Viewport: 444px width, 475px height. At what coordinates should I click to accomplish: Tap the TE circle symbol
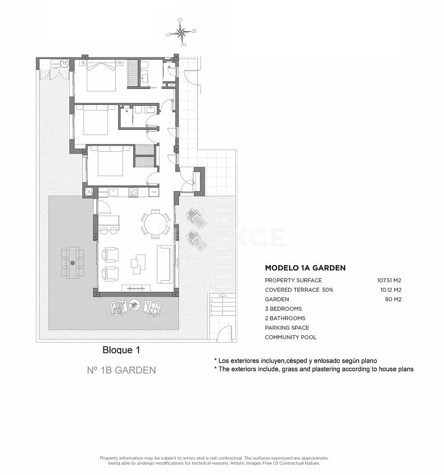point(65,63)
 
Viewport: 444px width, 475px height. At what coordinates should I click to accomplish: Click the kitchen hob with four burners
point(133,192)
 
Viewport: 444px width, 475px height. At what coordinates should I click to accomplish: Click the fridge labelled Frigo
point(154,192)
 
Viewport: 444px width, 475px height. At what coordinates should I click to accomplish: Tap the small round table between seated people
point(135,304)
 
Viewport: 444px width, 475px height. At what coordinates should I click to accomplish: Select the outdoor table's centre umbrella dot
point(73,263)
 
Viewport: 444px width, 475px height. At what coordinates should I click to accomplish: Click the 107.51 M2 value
point(389,280)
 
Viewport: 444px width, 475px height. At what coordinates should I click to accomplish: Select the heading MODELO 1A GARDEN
point(305,268)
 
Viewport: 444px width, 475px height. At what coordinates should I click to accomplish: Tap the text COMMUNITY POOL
point(291,337)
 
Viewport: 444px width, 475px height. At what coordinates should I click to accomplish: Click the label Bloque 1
point(121,350)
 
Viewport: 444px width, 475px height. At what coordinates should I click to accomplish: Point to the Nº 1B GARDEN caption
point(121,370)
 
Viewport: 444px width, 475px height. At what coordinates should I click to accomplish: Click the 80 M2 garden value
point(393,299)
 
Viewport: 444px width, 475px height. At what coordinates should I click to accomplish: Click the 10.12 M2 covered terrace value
point(390,290)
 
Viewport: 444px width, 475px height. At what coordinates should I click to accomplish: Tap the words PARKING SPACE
point(287,328)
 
